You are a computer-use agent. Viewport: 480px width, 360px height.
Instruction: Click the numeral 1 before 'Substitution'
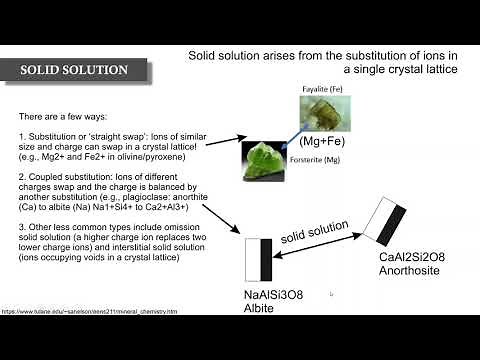(22, 135)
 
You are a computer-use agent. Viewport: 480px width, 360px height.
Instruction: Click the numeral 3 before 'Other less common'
(22, 227)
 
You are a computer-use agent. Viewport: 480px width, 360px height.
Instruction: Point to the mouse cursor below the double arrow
(331, 294)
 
